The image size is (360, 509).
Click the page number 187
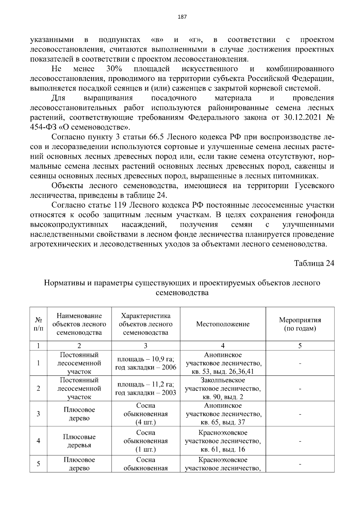coord(182,17)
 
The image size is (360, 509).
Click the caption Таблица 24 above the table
coord(314,263)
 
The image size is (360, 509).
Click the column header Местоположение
coord(223,324)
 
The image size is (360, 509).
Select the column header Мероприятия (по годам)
coord(300,324)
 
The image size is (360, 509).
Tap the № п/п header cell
coord(38,324)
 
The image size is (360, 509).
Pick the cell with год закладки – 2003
coord(145,393)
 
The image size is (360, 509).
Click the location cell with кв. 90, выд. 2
coord(223,397)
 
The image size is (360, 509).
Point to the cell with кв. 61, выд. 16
coord(223,449)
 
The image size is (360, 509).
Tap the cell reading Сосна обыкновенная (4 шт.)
coord(145,414)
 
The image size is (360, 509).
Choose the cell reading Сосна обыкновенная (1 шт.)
coord(145,441)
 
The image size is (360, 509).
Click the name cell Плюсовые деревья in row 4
coord(79,441)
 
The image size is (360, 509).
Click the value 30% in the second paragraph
coord(114,69)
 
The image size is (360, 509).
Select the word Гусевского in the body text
coord(312,186)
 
